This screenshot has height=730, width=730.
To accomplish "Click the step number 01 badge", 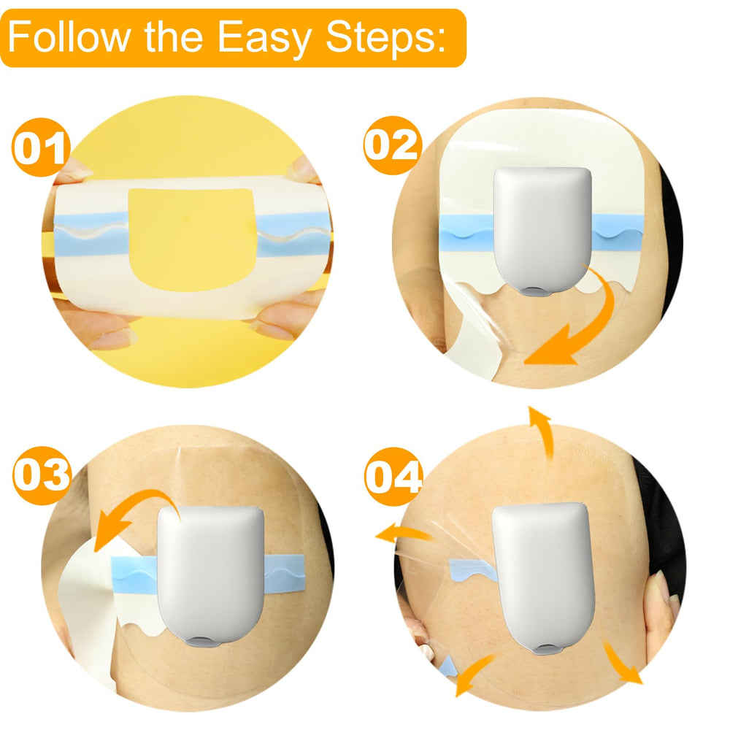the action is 41,147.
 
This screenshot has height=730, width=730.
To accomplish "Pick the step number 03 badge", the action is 42,475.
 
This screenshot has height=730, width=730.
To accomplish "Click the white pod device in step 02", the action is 543,231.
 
